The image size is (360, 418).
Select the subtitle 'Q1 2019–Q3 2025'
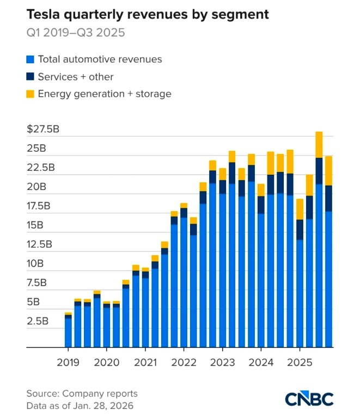click(76, 33)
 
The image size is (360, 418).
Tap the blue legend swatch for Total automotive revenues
click(30, 59)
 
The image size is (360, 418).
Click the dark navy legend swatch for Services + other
click(30, 77)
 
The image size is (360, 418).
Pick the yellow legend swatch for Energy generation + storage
click(30, 94)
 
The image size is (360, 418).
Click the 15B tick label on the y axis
click(37, 225)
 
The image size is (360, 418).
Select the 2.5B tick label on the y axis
click(37, 321)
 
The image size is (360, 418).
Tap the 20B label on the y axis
click(37, 187)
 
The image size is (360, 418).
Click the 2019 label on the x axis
click(68, 362)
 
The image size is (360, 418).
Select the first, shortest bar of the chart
click(68, 331)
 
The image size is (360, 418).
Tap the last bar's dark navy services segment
click(329, 198)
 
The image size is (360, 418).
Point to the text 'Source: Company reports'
click(82, 394)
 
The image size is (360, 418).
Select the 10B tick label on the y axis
click(37, 264)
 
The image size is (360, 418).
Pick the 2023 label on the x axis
click(222, 362)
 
